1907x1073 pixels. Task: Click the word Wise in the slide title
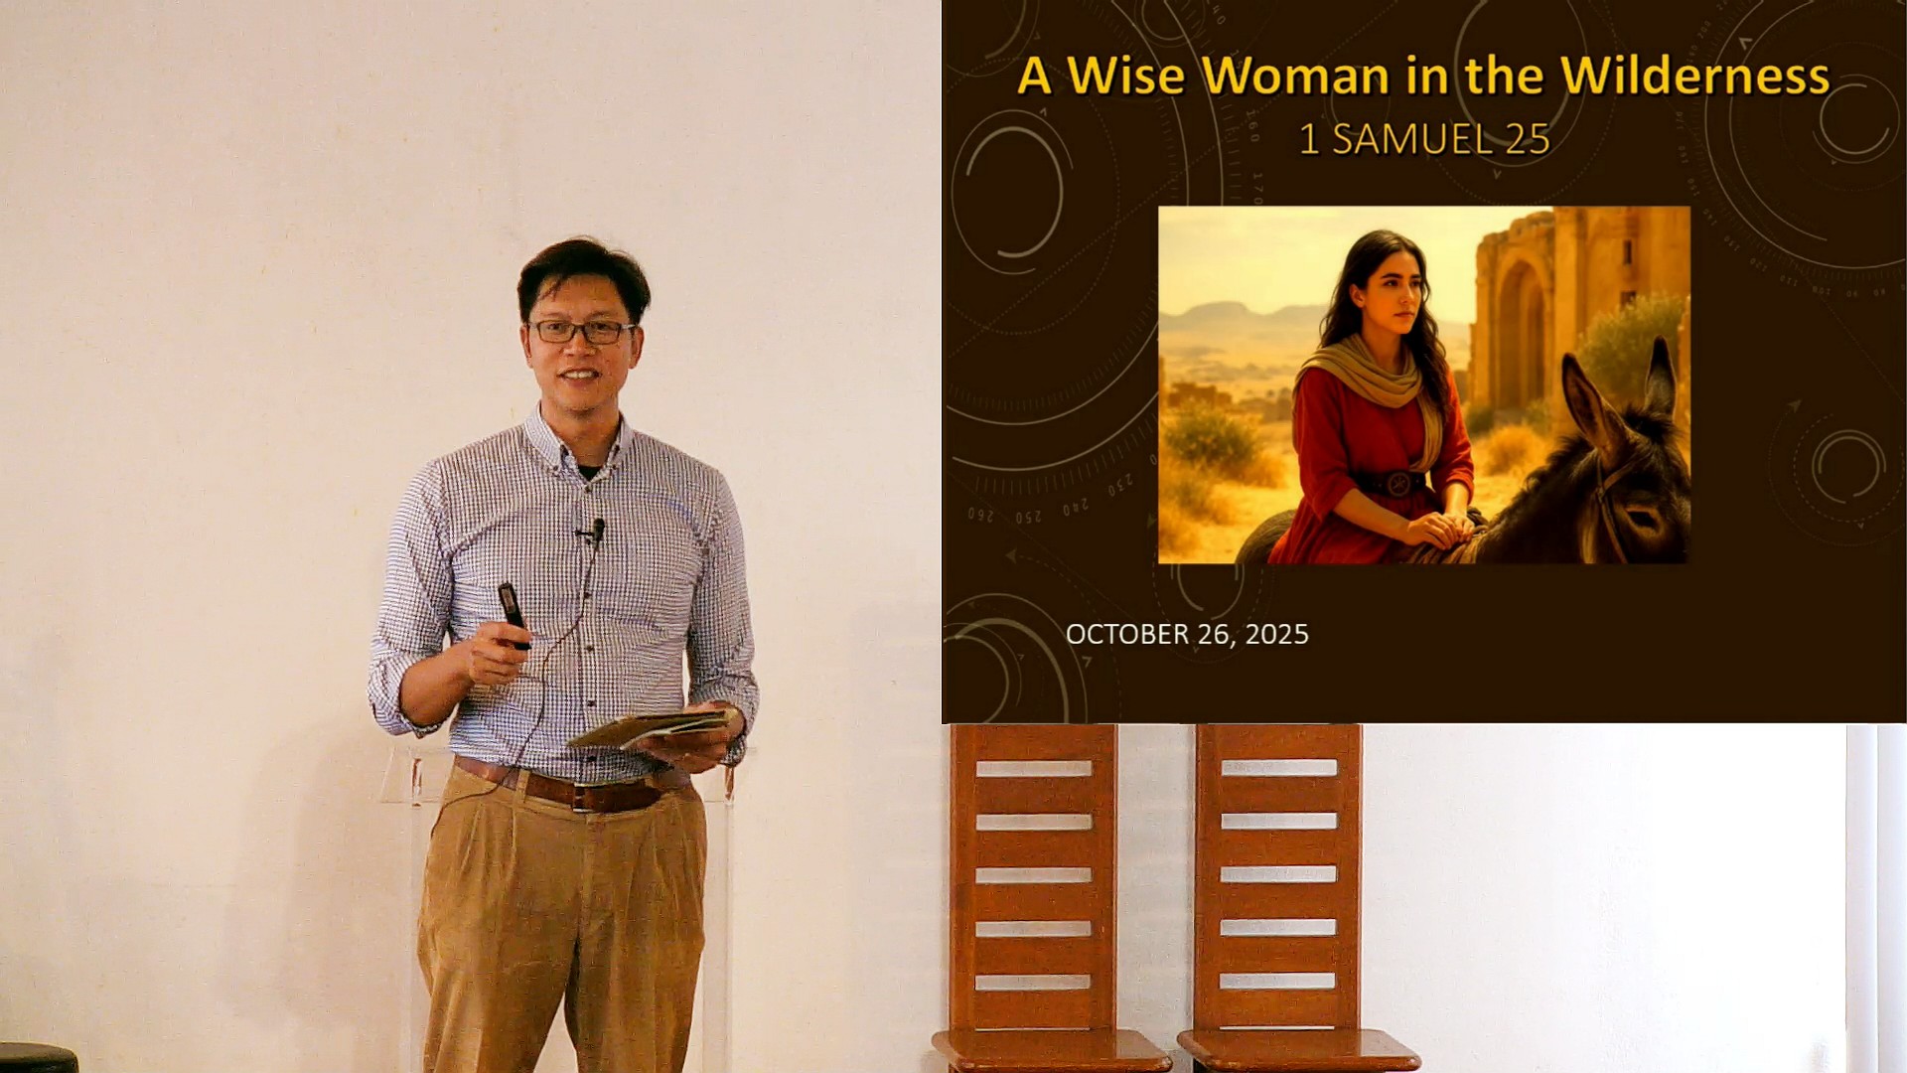pyautogui.click(x=1125, y=76)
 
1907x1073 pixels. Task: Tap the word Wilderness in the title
pyautogui.click(x=1694, y=76)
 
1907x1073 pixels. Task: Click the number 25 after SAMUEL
pyautogui.click(x=1528, y=139)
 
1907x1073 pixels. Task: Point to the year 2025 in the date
pyautogui.click(x=1277, y=634)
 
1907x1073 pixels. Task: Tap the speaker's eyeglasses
pyautogui.click(x=581, y=331)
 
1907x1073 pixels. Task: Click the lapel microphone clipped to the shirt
pyautogui.click(x=596, y=530)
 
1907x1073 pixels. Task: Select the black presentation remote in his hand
pyautogui.click(x=513, y=614)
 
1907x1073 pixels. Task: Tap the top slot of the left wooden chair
pyautogui.click(x=1033, y=768)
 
